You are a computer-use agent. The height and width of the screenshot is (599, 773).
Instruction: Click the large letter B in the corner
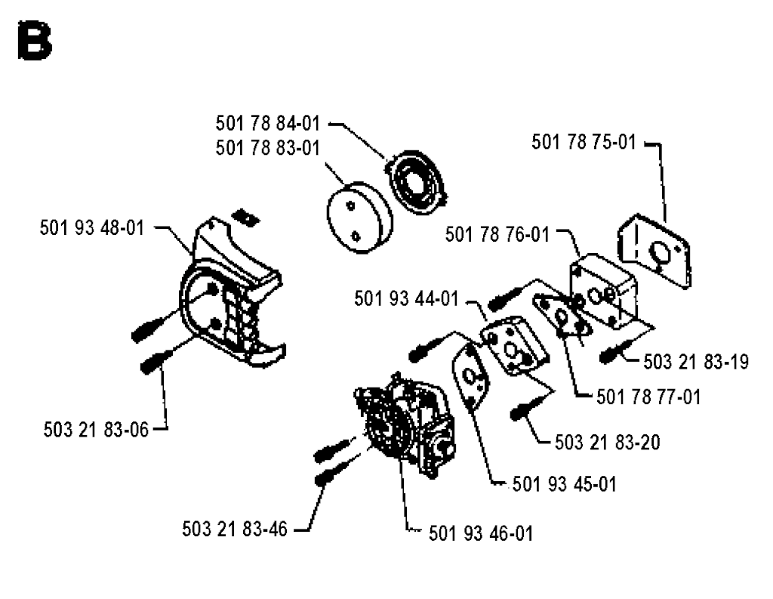point(35,41)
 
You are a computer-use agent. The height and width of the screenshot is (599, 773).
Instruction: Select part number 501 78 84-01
point(268,123)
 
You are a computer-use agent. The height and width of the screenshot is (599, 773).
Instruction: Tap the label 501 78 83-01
point(268,148)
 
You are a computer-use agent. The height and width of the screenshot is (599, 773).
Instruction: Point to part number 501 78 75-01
point(584,142)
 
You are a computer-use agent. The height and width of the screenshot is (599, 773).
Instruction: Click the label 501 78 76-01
point(497,234)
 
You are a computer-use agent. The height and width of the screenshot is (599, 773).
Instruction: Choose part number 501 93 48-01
point(91,228)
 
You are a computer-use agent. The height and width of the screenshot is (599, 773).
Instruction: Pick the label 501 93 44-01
point(406,298)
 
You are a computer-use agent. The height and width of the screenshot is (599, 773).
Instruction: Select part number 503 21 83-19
point(695,362)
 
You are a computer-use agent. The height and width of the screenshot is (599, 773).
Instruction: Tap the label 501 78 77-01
point(648,397)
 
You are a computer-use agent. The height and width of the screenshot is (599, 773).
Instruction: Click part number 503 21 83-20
point(608,442)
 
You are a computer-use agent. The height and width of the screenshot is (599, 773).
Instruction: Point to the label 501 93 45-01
point(565,484)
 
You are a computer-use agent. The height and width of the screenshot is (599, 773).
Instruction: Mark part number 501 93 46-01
point(481,533)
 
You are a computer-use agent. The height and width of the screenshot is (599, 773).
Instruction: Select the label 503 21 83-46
point(234,529)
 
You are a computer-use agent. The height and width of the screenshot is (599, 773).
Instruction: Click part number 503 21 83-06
point(96,430)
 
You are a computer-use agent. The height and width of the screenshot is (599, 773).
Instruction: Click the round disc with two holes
point(359,217)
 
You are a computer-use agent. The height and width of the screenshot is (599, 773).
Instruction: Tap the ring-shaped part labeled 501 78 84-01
point(417,181)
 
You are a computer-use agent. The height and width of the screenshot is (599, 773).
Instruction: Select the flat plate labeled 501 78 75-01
point(654,251)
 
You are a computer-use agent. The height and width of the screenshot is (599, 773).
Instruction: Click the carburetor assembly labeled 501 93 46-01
point(405,425)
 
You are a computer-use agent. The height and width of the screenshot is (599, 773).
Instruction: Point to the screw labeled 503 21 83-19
point(611,354)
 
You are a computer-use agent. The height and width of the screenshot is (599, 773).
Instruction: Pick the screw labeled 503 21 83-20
point(524,410)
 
